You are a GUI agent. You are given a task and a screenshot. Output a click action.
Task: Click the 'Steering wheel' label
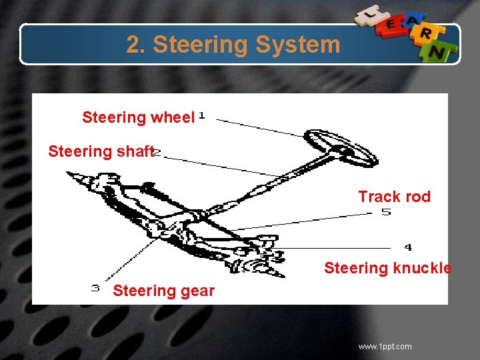(x=138, y=118)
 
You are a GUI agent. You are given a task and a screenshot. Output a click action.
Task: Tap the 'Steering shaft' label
(x=101, y=151)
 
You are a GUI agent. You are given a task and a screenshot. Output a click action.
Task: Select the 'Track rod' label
(x=394, y=197)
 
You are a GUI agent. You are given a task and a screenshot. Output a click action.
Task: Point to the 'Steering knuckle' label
(x=387, y=268)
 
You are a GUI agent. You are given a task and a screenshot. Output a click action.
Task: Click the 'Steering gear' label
(x=163, y=291)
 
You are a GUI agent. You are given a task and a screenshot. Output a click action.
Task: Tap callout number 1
(x=201, y=117)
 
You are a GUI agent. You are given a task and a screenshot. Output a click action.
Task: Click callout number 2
(x=157, y=153)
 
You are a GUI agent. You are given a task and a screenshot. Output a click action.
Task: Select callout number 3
(x=95, y=289)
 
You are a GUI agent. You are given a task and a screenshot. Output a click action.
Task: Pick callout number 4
(x=408, y=247)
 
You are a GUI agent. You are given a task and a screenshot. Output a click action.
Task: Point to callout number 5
(x=386, y=213)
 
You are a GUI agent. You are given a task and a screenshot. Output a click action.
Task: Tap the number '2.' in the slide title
(x=136, y=45)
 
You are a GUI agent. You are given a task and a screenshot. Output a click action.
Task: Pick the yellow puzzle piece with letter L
(x=367, y=13)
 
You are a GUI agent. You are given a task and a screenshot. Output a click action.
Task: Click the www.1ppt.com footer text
(x=385, y=347)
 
